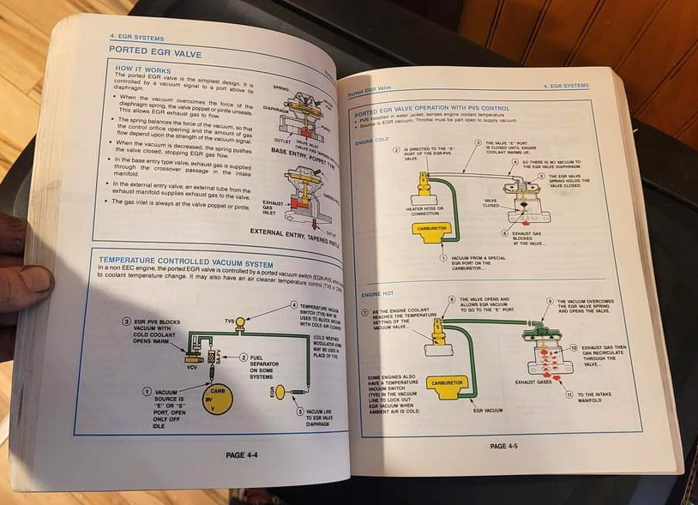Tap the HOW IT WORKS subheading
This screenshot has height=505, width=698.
coord(141,69)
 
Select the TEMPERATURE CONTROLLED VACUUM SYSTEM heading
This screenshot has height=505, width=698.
coord(185,262)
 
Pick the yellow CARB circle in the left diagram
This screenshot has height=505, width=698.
coord(218,399)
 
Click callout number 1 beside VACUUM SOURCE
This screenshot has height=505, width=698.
coord(147,391)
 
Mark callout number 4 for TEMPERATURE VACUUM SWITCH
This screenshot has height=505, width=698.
coord(293,304)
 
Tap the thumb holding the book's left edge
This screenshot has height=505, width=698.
coord(26,279)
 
